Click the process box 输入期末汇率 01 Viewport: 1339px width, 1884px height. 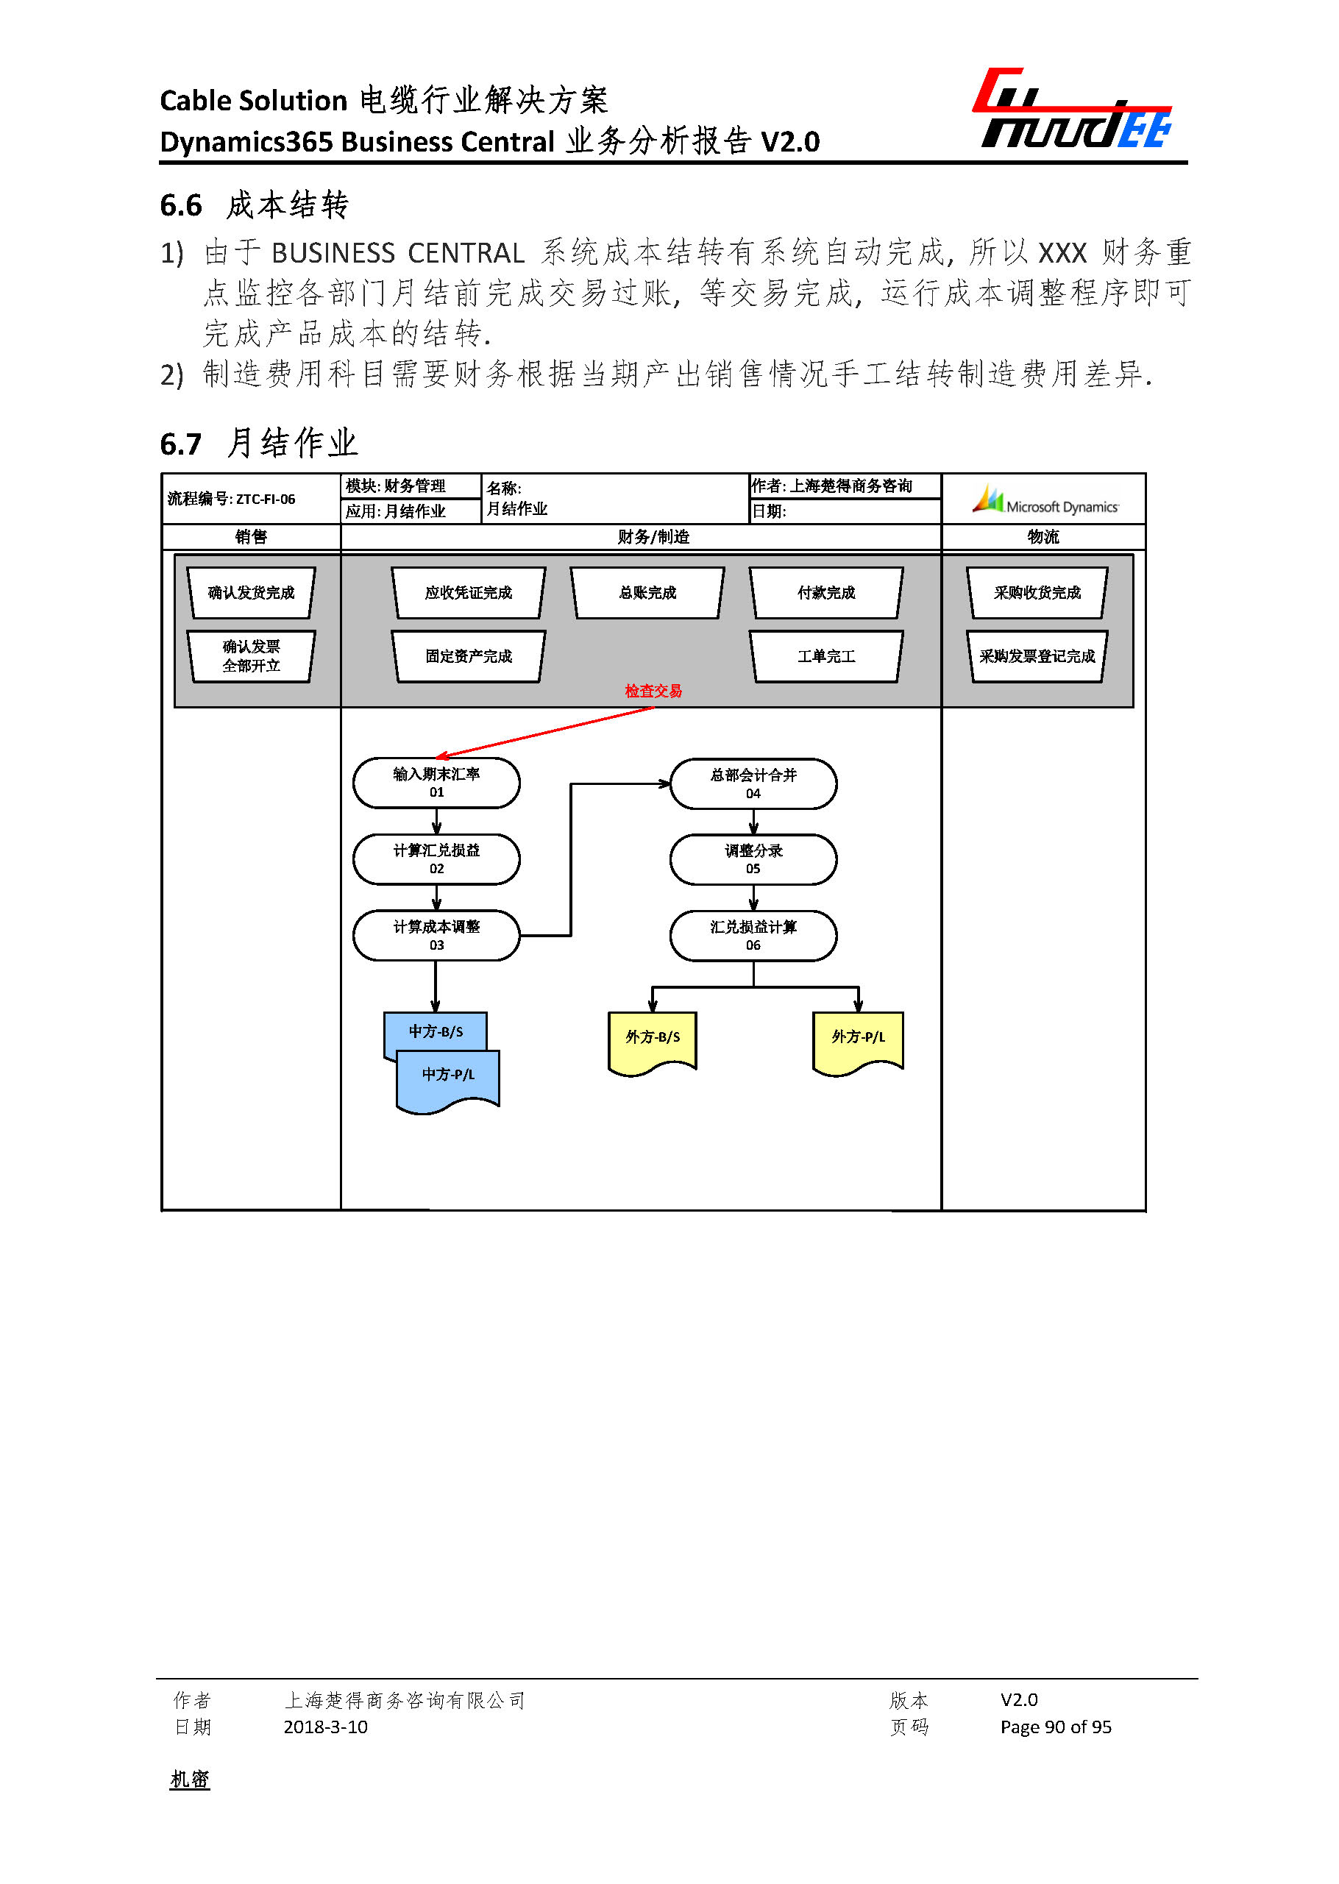[436, 783]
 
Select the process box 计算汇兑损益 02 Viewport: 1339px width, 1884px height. [436, 859]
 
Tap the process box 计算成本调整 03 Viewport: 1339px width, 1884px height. [436, 935]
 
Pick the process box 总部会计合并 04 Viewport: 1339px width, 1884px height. [753, 783]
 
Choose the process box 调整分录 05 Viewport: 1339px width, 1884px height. [753, 859]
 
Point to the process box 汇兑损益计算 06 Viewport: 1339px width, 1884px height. [753, 935]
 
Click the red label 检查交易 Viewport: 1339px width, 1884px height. [653, 691]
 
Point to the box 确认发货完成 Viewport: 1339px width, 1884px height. [251, 593]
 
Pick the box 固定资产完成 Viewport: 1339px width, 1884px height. [469, 656]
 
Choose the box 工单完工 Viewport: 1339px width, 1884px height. [825, 656]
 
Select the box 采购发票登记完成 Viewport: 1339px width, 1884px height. [1037, 656]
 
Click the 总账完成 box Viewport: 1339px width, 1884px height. [647, 593]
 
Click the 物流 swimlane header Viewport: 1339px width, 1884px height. [1043, 537]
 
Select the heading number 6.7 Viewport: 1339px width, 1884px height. [180, 444]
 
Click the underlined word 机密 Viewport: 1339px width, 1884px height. [190, 1780]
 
